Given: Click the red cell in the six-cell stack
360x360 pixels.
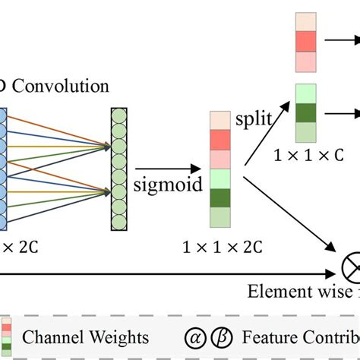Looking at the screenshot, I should coord(219,140).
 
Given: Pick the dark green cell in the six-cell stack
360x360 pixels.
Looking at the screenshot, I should coord(219,198).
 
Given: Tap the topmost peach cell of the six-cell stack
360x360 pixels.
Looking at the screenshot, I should coord(219,120).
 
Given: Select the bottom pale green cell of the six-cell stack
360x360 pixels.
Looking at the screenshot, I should coord(219,217).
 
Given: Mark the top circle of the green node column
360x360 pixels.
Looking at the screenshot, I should coord(119,115).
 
